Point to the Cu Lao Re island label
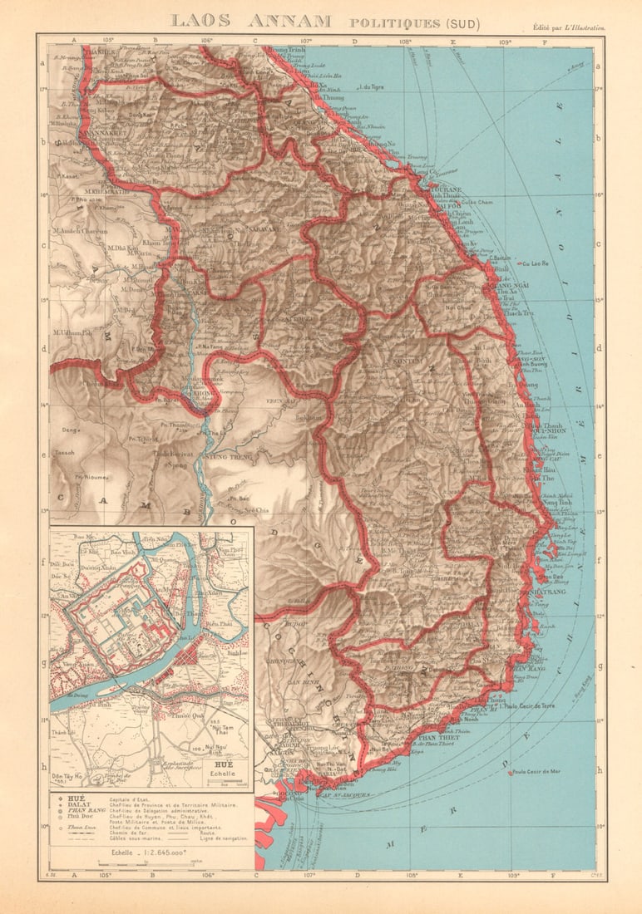point(535,263)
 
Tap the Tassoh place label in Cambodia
point(64,453)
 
